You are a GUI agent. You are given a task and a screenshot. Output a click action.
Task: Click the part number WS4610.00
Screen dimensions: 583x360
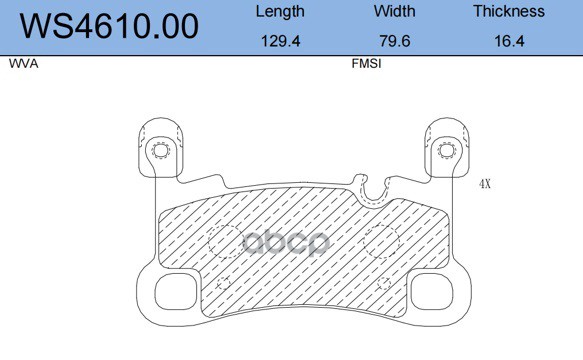(x=109, y=26)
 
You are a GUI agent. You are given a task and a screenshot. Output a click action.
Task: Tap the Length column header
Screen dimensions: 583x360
(x=280, y=12)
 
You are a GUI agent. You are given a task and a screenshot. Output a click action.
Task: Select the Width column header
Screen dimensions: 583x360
(x=394, y=11)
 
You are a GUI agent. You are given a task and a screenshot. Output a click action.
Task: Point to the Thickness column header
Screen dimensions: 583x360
(x=509, y=11)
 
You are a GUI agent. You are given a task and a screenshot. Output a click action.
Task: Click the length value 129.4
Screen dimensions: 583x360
(x=280, y=41)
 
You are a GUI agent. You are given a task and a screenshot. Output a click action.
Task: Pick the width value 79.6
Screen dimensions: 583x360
(x=395, y=41)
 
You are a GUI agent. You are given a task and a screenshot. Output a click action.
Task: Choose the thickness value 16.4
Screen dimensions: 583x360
(x=509, y=41)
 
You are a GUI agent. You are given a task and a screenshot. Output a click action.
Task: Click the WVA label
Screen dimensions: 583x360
(x=23, y=64)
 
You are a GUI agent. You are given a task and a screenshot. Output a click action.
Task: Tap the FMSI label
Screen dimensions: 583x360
(x=366, y=64)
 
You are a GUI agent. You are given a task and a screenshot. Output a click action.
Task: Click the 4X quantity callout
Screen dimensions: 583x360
(x=485, y=184)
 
